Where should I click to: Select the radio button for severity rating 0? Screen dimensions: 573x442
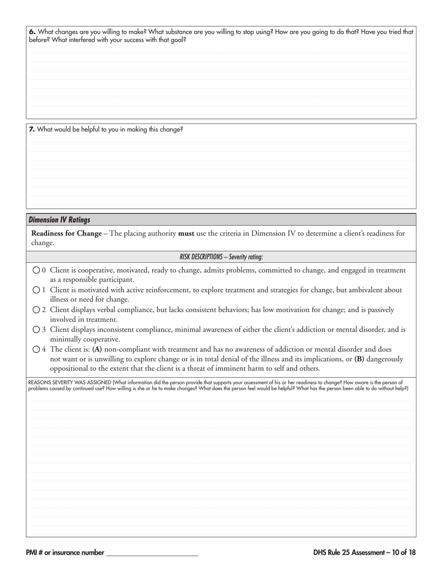coord(36,270)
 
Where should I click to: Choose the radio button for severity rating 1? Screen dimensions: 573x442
coord(36,290)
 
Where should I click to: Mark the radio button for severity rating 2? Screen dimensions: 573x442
coord(36,309)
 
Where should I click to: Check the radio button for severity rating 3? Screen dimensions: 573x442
coord(36,329)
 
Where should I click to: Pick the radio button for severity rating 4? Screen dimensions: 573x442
coord(36,349)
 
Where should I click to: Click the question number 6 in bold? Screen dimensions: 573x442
coord(32,32)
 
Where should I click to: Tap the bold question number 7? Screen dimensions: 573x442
coord(32,130)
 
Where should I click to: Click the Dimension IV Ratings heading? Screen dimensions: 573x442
coord(60,220)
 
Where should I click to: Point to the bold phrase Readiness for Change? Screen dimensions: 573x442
coord(66,233)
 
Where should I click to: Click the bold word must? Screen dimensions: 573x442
coord(186,233)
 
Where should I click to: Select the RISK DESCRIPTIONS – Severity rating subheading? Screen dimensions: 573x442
coord(221,257)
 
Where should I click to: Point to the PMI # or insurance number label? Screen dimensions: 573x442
coord(65,553)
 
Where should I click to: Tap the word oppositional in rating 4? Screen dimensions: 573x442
coord(69,368)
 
